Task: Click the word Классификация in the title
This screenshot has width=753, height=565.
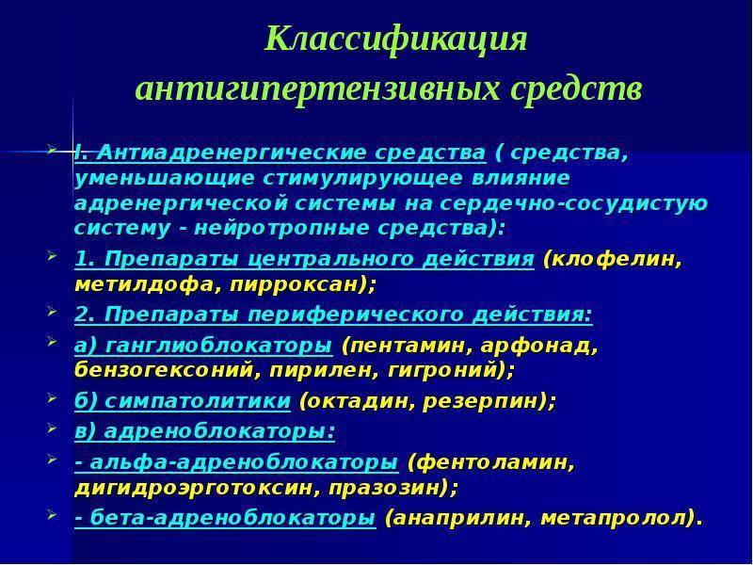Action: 395,40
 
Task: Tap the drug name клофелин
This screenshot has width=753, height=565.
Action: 613,260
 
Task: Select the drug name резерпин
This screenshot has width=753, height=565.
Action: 484,401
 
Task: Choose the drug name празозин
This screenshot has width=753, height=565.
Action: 385,489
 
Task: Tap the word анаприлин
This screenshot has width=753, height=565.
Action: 461,519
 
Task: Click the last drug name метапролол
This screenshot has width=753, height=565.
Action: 614,519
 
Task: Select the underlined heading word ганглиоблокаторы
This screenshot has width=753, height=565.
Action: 218,347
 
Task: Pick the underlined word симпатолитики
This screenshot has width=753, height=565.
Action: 198,401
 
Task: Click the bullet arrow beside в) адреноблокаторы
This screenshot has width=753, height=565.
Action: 52,428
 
